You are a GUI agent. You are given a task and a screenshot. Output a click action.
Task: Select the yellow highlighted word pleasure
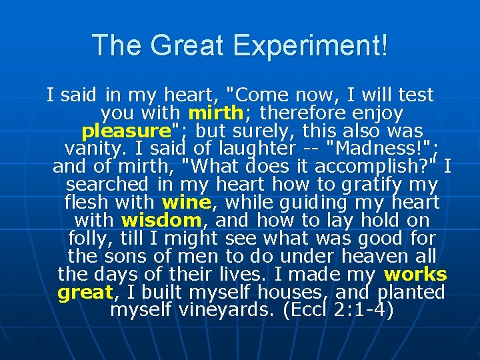pyautogui.click(x=126, y=130)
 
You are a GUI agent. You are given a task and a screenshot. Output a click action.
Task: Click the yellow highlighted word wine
pyautogui.click(x=186, y=201)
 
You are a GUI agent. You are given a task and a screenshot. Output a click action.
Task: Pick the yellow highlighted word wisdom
pyautogui.click(x=161, y=219)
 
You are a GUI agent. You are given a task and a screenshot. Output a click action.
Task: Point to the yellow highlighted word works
pyautogui.click(x=415, y=274)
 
